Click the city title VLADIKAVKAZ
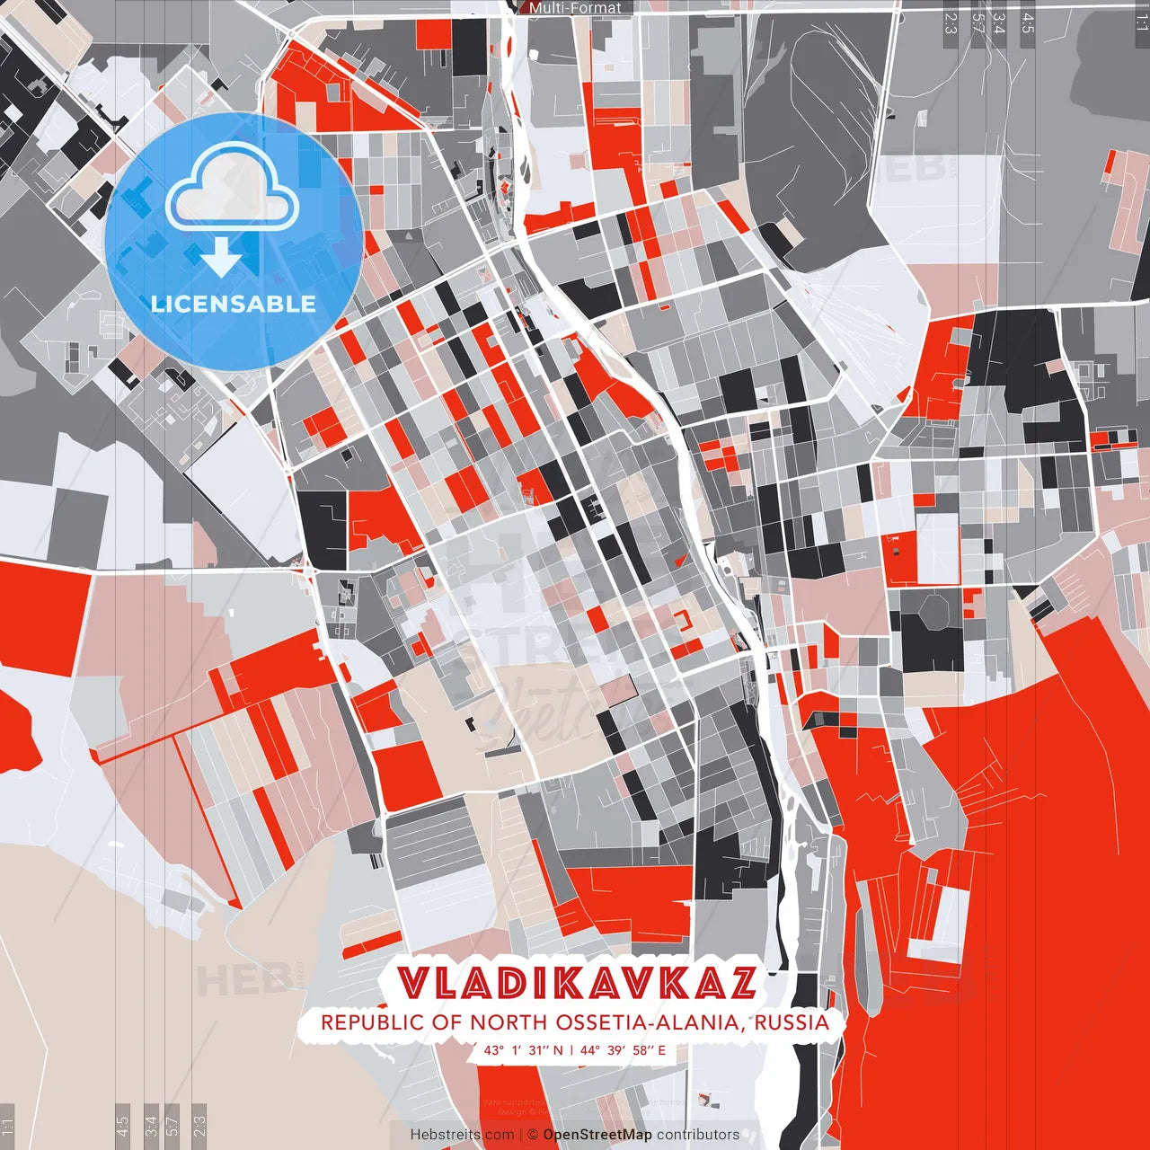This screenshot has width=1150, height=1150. click(x=576, y=983)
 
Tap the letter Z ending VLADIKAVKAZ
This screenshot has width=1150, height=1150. click(x=739, y=983)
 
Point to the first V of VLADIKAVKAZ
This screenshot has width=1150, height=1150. click(x=414, y=983)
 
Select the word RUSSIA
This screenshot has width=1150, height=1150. click(x=792, y=1022)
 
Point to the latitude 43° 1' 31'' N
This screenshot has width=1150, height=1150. click(x=523, y=1050)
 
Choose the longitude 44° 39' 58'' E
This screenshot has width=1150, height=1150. click(x=623, y=1050)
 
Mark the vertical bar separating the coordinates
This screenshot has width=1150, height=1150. click(x=571, y=1050)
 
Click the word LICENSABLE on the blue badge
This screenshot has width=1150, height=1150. click(x=234, y=304)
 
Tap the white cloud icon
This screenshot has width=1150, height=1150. click(x=232, y=189)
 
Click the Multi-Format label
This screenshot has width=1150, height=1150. click(x=575, y=8)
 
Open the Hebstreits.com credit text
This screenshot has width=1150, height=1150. click(x=462, y=1135)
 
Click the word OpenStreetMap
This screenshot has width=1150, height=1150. click(x=597, y=1135)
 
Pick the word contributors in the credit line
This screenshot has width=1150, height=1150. click(x=698, y=1135)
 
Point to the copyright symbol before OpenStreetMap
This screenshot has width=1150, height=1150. click(x=532, y=1135)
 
